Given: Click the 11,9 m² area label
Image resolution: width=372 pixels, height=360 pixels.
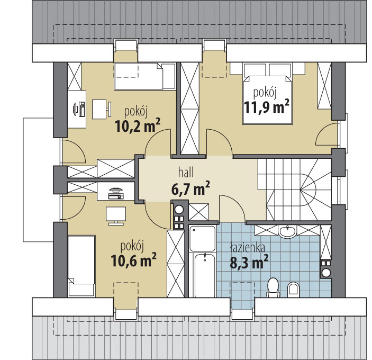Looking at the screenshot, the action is point(266,107).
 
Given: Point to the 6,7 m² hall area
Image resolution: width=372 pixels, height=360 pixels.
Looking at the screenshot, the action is point(190,188).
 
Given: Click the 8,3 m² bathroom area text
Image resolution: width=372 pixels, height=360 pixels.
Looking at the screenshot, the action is point(249,262).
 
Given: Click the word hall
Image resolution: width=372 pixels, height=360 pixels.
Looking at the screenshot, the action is point(186,172).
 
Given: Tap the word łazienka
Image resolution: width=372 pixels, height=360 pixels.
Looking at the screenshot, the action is point(248,248).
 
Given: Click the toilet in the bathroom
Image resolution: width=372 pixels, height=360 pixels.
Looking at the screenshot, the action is point(273,287).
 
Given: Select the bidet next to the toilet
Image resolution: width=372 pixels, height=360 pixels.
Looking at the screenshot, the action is point(294,290).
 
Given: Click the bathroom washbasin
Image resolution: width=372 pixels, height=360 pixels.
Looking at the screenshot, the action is point(287,231).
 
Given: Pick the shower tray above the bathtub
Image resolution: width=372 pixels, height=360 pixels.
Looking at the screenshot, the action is point(202,238).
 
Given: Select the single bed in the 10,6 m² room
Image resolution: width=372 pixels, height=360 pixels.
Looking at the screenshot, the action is point(81,266).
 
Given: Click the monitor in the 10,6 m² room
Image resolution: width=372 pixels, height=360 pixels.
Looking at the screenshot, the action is point(116,215).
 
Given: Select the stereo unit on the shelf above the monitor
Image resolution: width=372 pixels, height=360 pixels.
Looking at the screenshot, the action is point(116,193).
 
